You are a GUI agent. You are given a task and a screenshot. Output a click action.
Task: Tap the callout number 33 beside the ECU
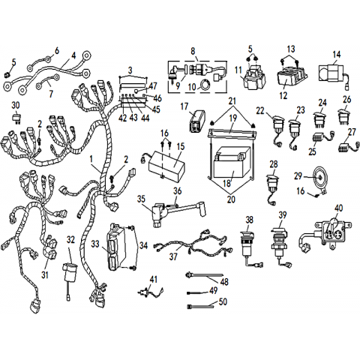[95, 244]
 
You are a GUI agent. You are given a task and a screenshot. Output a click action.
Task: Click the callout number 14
[337, 54]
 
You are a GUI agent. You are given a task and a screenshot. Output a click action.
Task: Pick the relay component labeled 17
[198, 121]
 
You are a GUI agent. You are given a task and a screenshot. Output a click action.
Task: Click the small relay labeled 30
[16, 118]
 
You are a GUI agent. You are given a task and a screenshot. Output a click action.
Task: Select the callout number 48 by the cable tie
[224, 282]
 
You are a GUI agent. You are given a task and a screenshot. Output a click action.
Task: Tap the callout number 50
[223, 301]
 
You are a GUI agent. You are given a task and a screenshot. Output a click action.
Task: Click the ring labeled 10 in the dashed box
[204, 84]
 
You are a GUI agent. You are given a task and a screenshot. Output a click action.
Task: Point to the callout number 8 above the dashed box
[193, 51]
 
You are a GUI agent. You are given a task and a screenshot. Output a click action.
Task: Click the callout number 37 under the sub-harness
[173, 256]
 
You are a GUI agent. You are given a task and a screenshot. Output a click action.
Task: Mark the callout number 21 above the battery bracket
[232, 101]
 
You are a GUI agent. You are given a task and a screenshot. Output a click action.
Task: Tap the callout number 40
[339, 208]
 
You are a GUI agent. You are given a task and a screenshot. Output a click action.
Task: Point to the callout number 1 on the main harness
[91, 159]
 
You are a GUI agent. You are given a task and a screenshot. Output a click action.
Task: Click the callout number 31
[45, 275]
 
